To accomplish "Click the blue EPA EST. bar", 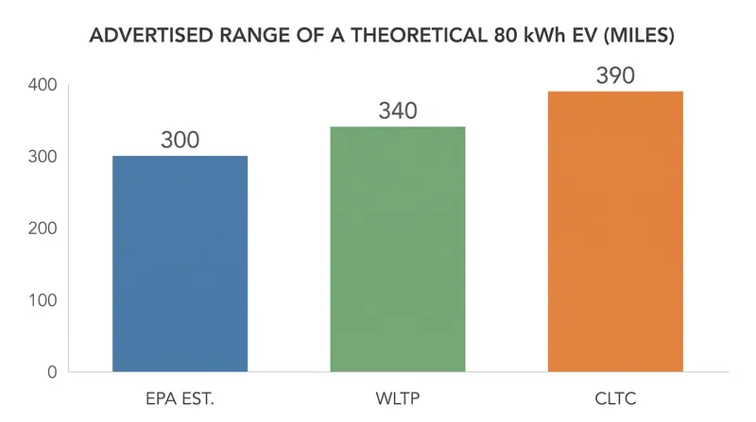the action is point(180,263).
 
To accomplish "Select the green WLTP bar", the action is point(398,249).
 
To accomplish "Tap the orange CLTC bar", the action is point(615,231).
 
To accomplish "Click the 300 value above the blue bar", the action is point(180,140).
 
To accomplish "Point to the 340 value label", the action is point(398,110).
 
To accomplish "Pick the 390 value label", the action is point(615,76).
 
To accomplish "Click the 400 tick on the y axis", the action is point(43,85).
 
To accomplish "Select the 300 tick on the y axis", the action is point(43,157).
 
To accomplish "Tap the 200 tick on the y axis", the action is point(43,228).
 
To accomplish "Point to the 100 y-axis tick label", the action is point(43,300).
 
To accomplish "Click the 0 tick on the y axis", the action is point(52,372).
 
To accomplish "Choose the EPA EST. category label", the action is point(180,399).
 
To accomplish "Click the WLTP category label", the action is point(398,399).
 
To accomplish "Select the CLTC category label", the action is point(615,399).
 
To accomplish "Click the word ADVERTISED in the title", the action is point(151,36).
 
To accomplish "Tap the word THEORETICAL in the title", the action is point(419,36).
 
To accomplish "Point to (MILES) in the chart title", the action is point(639,36).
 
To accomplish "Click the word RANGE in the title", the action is point(254,36).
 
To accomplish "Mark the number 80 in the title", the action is point(504,36).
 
